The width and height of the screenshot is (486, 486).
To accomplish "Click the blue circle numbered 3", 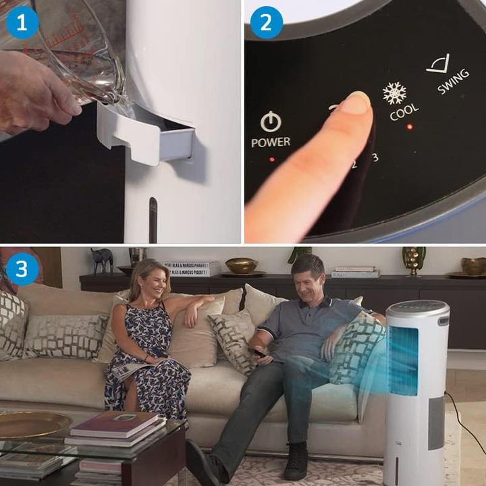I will pos(22,268).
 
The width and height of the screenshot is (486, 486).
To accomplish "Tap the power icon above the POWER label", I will pos(271,122).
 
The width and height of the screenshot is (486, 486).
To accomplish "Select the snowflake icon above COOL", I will pos(394,93).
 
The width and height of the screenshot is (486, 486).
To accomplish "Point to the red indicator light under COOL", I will pos(409,126).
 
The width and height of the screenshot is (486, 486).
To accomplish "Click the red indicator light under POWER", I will pos(272,160).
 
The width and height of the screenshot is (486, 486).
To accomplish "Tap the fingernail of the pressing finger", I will pos(356,103).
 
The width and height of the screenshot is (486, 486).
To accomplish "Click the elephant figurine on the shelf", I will pos(103,260).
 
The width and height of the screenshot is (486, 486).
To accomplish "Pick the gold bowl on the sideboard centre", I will pos(241,265).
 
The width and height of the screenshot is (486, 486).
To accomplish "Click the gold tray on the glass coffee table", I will pos(34,424).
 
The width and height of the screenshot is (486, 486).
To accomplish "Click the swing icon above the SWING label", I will pos(438,64).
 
